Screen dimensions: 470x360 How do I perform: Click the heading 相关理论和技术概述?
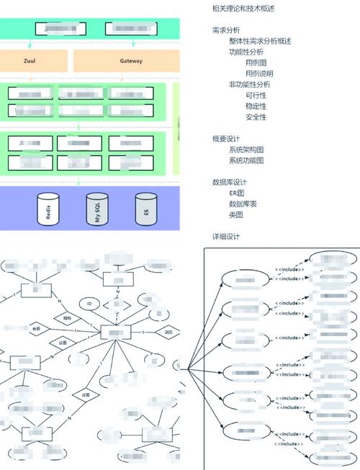coord(243,9)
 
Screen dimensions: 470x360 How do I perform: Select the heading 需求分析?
coord(226,30)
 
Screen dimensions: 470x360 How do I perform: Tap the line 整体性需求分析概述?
coord(260,41)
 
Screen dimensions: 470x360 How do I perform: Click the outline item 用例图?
coord(256,63)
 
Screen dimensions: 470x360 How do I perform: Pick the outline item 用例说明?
coord(259,73)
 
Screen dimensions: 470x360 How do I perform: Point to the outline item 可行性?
coord(256,95)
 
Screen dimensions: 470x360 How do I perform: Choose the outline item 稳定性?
coord(256,106)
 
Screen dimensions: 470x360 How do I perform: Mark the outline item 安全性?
coord(256,117)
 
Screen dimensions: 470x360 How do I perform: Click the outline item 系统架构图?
coord(246,150)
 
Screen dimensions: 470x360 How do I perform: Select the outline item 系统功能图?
coord(246,161)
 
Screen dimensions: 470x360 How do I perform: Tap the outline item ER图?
coord(237,194)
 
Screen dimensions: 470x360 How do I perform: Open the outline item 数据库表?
coord(243,204)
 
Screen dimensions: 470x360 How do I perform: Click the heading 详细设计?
coord(226,237)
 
